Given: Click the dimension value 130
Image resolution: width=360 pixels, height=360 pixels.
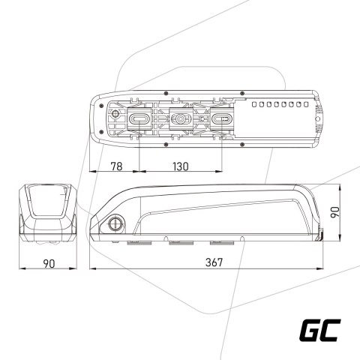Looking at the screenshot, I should tap(180, 166).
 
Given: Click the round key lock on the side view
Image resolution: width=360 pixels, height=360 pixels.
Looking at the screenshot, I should tap(117, 223).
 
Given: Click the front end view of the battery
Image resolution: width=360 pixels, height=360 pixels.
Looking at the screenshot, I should tap(47, 213).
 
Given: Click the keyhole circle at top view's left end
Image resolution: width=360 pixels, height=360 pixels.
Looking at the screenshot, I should tap(115, 117).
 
